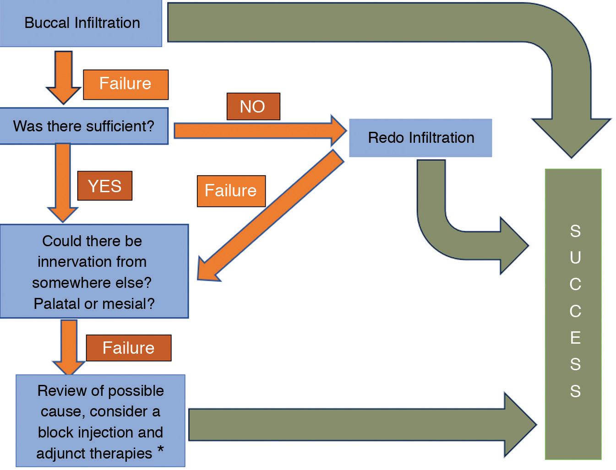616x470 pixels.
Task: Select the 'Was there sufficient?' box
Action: [x=84, y=126]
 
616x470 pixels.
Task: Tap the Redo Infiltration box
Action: [x=420, y=138]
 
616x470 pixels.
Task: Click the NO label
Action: [x=253, y=107]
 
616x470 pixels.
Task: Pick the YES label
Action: [x=104, y=186]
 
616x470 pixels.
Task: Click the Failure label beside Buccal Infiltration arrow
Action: [x=125, y=84]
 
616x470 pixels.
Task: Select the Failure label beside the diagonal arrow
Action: [x=231, y=190]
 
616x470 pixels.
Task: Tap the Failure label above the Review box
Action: [x=128, y=348]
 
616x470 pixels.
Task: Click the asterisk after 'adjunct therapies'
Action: [x=161, y=450]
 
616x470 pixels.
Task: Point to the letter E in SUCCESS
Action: [x=575, y=338]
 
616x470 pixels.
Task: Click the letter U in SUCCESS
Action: [x=575, y=258]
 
